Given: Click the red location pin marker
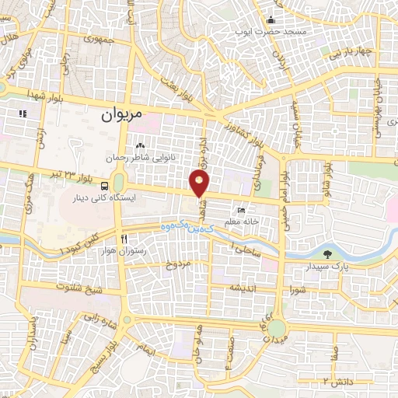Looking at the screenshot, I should point(200,183).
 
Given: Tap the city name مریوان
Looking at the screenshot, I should point(124,114).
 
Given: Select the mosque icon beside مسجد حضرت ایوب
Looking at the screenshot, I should point(271,20).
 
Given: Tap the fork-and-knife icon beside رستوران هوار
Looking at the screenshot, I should point(123,239).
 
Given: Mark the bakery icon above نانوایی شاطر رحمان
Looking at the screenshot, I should point(140,145).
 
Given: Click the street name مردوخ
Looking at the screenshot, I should point(175,264).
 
